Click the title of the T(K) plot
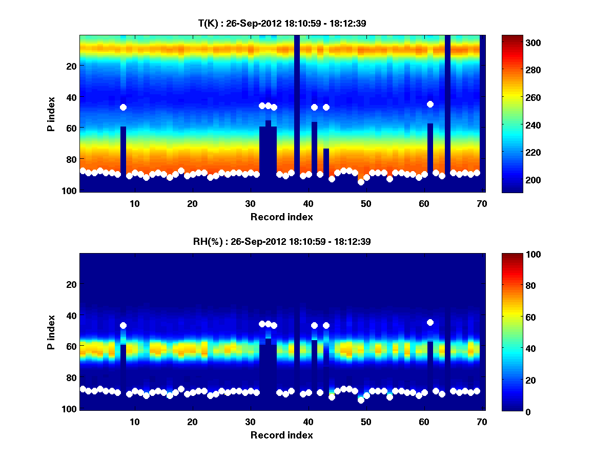point(281,23)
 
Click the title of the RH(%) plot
point(281,241)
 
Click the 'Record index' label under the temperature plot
point(281,217)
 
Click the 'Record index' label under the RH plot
point(281,435)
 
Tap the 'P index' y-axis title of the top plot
point(51,114)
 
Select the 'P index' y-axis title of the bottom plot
point(51,332)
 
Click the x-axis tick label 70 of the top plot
point(481,203)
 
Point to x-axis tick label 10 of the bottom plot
point(134,422)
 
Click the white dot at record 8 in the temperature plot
point(123,107)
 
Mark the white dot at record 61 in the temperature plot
point(430,104)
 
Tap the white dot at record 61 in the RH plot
point(430,322)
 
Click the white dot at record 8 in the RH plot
point(123,325)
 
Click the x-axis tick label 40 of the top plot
point(308,203)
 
